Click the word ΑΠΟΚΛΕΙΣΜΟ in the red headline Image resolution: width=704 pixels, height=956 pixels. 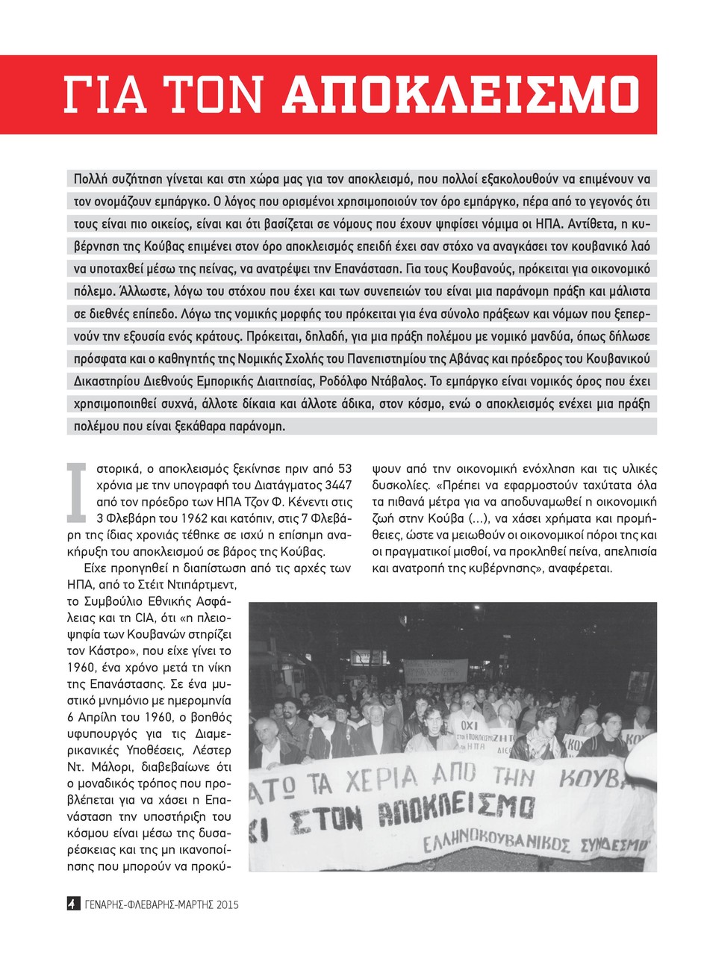tap(461, 95)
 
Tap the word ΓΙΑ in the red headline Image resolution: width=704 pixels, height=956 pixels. tap(99, 95)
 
